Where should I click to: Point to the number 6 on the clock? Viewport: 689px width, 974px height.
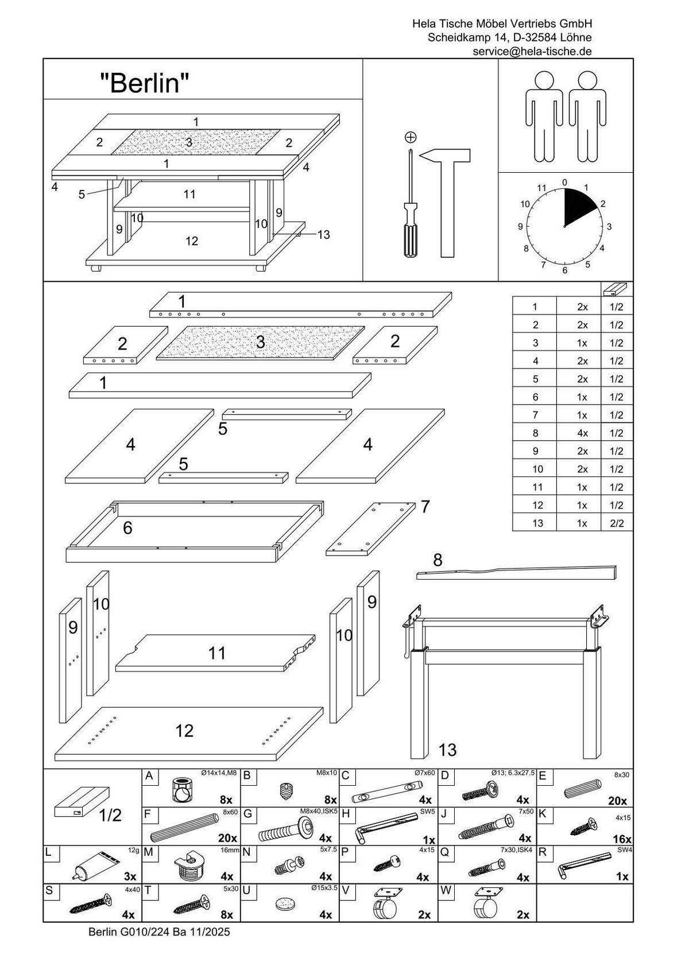[x=565, y=270]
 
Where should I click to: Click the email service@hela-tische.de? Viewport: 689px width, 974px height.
[x=532, y=51]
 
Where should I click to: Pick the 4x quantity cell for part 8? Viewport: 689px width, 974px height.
[x=582, y=433]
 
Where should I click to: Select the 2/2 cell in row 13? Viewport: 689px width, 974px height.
[x=617, y=523]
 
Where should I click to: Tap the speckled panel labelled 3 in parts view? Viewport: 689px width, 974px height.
[x=260, y=343]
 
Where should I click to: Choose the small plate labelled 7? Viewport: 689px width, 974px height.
[x=370, y=528]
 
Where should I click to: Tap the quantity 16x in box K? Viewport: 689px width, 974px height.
[x=622, y=839]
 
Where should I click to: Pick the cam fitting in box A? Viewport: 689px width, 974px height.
[x=182, y=789]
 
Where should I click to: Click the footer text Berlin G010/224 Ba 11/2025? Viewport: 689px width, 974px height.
[x=159, y=932]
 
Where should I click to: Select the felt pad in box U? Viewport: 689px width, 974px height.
[x=283, y=904]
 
